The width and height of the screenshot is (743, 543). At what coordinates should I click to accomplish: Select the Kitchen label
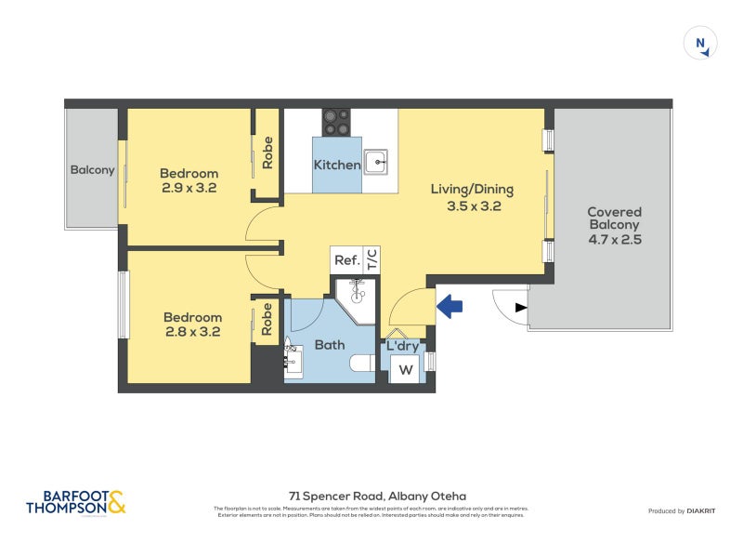[x=336, y=165]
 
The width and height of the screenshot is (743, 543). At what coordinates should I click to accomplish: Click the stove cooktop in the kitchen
[x=336, y=123]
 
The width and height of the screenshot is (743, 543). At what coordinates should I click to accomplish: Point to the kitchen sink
[x=375, y=163]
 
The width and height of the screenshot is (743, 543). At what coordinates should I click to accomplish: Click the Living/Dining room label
[x=471, y=189]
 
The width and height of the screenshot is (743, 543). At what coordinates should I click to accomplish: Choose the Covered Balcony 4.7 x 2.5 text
[x=614, y=225]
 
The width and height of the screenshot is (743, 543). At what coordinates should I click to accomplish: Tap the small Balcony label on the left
[x=92, y=170]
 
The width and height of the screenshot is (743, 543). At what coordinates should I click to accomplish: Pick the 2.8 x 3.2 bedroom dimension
[x=192, y=331]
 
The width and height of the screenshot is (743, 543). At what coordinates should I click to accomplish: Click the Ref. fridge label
[x=346, y=260]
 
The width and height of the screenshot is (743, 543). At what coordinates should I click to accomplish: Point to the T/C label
[x=371, y=259]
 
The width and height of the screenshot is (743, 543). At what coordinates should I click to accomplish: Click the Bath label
[x=329, y=345]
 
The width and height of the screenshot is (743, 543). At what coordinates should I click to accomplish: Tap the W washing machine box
[x=405, y=369]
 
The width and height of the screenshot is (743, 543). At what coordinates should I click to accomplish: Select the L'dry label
[x=402, y=346]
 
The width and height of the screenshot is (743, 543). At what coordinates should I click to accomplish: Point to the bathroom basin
[x=293, y=359]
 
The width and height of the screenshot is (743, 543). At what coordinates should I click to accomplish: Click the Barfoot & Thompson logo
[x=75, y=503]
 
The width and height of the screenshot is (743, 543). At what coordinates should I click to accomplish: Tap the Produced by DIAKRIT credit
[x=679, y=511]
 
